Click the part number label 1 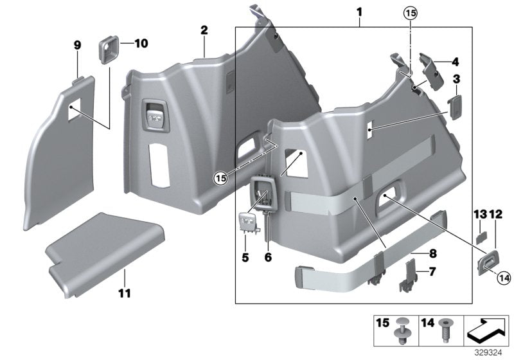359,12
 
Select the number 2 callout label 204,30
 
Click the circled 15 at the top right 409,12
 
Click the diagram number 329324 489,354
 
